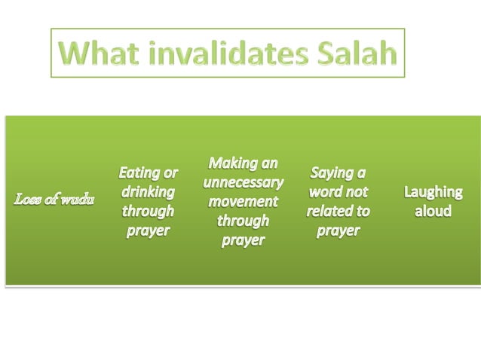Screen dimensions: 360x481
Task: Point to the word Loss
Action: pos(28,202)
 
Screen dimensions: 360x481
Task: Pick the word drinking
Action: pos(149,192)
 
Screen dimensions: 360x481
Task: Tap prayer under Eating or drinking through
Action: pos(149,230)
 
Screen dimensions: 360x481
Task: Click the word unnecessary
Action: pos(243,182)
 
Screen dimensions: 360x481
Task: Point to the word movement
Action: pos(243,201)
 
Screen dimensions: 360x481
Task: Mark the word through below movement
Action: pos(243,221)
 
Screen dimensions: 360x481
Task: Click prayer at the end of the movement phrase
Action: pos(243,240)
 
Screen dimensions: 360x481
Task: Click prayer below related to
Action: pos(338,230)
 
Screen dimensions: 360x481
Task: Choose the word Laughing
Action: pos(433,192)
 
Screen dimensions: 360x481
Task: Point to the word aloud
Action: pos(433,211)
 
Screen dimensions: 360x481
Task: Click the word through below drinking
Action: pos(149,211)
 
